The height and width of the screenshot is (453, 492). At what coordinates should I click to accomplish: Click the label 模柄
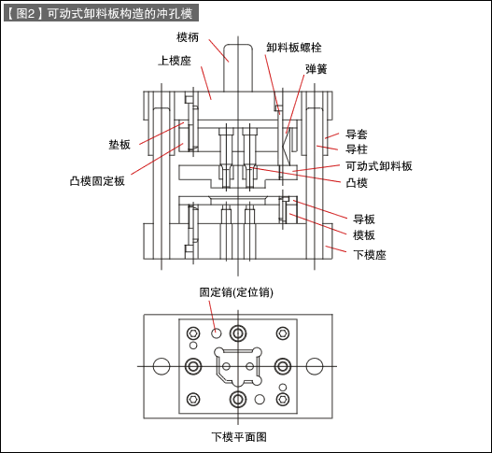coord(188,37)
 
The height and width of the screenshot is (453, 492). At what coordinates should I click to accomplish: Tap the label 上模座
coord(175,61)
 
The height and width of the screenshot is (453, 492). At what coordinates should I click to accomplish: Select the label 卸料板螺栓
coord(294,48)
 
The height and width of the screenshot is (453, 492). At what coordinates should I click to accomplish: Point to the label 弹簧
coord(316,69)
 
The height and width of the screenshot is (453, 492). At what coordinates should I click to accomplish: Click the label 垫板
coord(119,145)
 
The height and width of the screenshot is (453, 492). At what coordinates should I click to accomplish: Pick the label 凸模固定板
coord(97,181)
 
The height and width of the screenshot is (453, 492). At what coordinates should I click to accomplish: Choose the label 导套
coord(357,134)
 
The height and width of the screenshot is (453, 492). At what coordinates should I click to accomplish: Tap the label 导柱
coord(357,149)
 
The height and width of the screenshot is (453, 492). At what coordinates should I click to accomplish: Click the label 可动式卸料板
coord(379,166)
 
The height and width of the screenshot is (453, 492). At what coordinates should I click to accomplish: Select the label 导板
coord(364,219)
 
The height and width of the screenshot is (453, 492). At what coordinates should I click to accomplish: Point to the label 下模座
coord(370,255)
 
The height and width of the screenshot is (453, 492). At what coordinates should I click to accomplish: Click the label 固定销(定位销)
coord(236,292)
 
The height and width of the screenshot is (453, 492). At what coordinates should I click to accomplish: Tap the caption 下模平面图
coord(239,437)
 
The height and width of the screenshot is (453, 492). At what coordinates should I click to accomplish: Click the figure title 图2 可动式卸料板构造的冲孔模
coord(102,13)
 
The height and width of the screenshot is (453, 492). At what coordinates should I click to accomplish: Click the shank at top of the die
coord(238,68)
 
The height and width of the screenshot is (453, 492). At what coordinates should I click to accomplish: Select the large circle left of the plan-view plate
coord(162,366)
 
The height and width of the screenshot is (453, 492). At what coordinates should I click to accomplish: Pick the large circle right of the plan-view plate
coord(315,366)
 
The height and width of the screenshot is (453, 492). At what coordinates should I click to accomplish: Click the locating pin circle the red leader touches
coord(217,333)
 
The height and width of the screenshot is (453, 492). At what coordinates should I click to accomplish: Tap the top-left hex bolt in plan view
coord(193,333)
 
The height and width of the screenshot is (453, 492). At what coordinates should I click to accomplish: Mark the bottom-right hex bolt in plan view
coord(283,400)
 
